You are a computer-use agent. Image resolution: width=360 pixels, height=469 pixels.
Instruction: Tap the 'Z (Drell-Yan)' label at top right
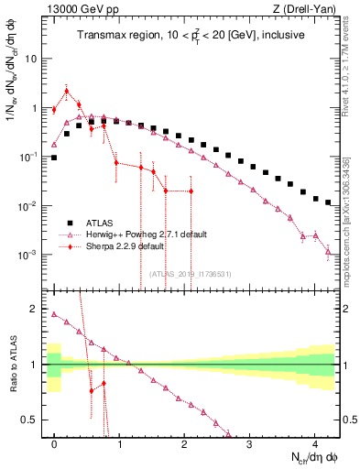point(309,9)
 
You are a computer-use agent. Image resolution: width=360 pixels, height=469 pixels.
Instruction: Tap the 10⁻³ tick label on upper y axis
point(28,254)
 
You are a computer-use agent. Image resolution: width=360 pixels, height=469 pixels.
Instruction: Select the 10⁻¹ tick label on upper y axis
point(28,157)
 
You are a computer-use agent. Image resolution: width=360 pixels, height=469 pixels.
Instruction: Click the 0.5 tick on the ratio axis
point(30,420)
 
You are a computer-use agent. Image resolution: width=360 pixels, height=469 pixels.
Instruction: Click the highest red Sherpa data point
point(67,90)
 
